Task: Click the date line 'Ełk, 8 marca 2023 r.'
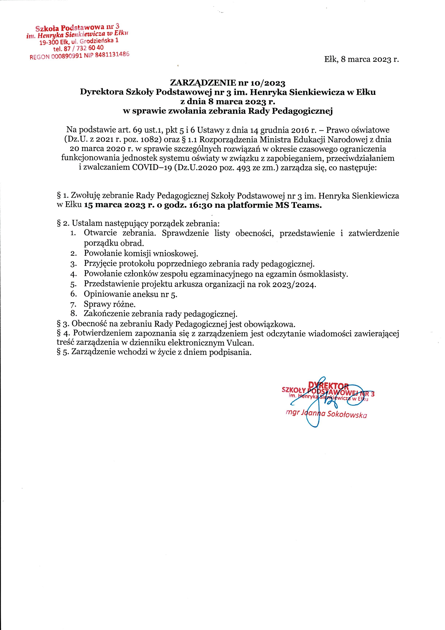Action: [x=361, y=59]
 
